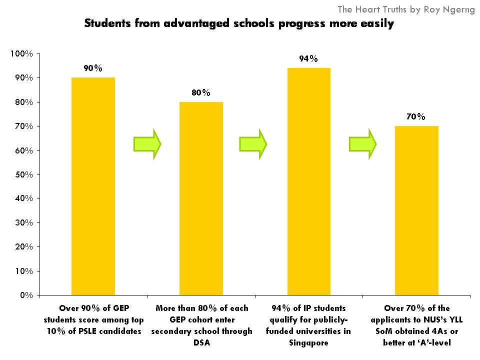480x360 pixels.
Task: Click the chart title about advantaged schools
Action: pos(239,23)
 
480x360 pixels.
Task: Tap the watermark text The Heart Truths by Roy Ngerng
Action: pos(406,9)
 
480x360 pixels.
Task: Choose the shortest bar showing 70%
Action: pos(416,210)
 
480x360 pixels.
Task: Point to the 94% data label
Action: pos(308,59)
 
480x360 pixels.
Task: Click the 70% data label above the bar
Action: pos(416,117)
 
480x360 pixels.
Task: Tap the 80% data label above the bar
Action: pos(201,93)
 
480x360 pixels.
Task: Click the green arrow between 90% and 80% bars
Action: pos(147,144)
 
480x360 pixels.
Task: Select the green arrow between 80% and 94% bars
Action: pos(253,144)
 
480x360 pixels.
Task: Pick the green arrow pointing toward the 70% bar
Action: pos(362,144)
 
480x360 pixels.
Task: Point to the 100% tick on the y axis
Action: pos(21,54)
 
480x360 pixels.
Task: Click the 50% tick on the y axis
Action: pos(23,174)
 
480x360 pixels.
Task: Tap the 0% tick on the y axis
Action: pos(26,295)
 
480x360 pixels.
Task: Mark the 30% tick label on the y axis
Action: pos(23,222)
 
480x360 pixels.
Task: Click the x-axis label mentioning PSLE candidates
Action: pos(93,319)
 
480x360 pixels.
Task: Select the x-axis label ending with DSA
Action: pos(201,325)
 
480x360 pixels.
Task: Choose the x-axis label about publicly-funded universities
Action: pos(308,325)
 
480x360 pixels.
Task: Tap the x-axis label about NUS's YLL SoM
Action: pos(416,325)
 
